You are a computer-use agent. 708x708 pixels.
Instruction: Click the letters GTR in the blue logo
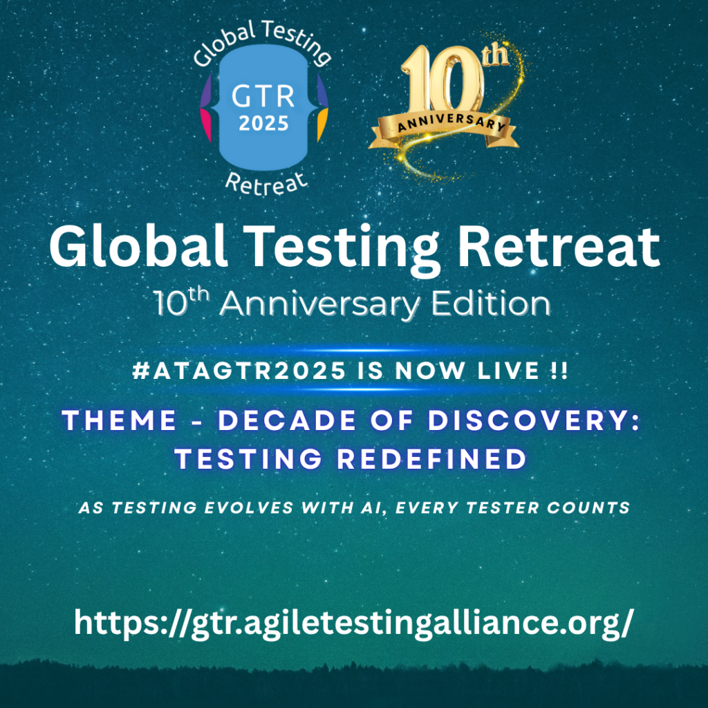click(263, 96)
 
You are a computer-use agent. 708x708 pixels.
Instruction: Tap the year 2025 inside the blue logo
click(263, 123)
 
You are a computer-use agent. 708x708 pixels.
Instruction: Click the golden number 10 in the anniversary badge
click(442, 83)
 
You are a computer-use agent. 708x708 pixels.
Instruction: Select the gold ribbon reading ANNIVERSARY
click(443, 129)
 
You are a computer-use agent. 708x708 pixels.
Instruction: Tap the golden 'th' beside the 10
click(495, 55)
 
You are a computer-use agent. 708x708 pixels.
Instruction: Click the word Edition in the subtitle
click(491, 304)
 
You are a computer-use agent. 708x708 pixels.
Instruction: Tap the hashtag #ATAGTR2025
click(239, 371)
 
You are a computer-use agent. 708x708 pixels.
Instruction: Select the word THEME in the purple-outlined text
click(119, 420)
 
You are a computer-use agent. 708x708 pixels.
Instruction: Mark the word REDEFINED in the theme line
click(432, 459)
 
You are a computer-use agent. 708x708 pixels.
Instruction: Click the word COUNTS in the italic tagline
click(588, 507)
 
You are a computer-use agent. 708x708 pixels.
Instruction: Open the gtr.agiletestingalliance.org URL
click(354, 624)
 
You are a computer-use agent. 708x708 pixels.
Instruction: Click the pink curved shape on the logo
click(206, 126)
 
